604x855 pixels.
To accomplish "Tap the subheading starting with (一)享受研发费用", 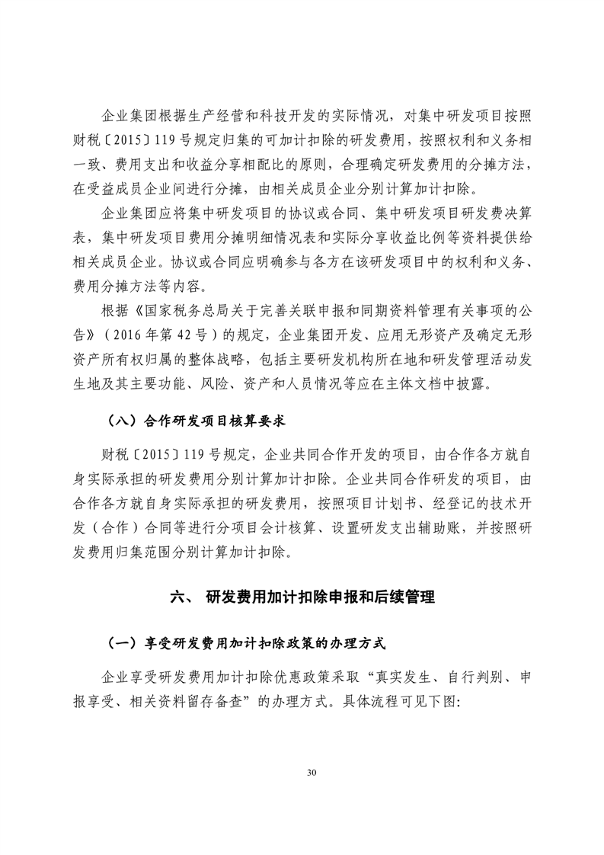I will pyautogui.click(x=245, y=642).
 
